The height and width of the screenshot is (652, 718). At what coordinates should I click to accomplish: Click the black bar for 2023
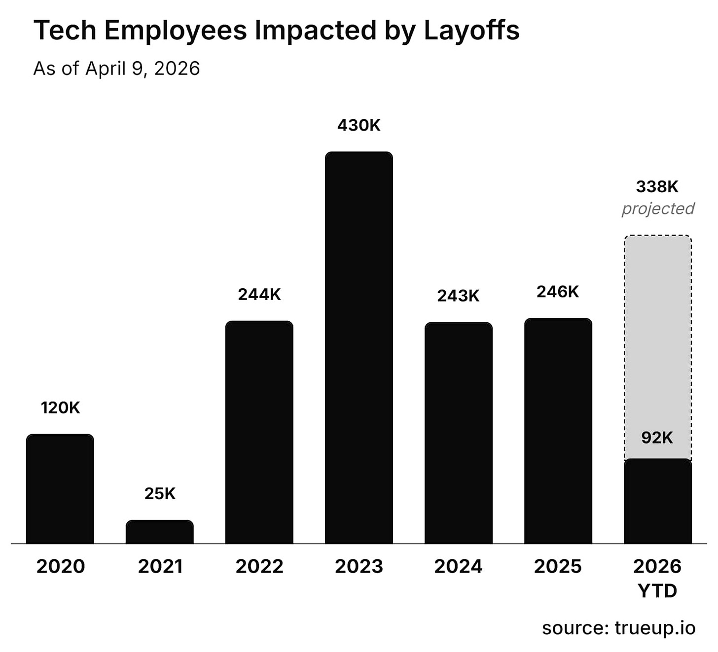tap(359, 347)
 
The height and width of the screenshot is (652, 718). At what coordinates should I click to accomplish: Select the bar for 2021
tap(159, 532)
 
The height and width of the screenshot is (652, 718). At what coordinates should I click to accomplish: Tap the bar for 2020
tap(60, 488)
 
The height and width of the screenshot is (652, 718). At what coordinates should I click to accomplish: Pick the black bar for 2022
tap(259, 432)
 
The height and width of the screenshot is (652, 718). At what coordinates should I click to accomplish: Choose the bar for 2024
tap(458, 433)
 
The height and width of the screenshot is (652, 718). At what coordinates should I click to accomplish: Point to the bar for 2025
tap(558, 431)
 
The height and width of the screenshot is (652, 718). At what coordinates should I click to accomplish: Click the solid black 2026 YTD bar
tap(657, 501)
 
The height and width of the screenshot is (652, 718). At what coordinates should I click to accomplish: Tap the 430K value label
tap(359, 126)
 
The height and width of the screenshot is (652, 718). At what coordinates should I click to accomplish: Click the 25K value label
tap(160, 493)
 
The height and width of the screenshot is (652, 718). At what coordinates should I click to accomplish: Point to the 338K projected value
tap(657, 187)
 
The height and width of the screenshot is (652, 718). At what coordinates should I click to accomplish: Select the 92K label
tap(657, 438)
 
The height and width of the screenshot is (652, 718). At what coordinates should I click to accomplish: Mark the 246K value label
tap(558, 292)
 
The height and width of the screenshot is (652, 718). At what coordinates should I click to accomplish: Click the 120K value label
tap(60, 408)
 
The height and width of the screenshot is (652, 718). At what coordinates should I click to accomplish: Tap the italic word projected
tap(657, 208)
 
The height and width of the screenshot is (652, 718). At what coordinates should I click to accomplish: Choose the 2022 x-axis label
tap(259, 566)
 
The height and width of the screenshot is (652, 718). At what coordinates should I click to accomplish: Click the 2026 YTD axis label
tap(657, 578)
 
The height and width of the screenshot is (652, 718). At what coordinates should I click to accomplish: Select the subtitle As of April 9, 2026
tap(116, 69)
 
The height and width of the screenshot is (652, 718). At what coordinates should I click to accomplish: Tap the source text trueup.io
tap(655, 628)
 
